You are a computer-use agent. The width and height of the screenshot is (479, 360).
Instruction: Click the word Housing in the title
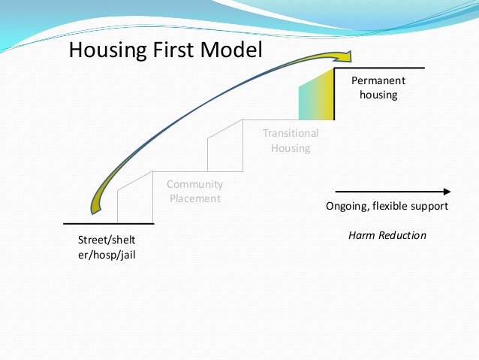pos(104,51)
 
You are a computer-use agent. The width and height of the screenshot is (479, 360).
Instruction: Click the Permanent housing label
pos(378,87)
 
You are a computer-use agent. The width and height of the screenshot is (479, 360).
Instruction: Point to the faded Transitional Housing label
pos(291,141)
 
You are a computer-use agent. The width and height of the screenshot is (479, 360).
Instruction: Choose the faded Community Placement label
pos(194,192)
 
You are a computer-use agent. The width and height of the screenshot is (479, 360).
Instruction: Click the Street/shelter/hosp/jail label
pos(108,247)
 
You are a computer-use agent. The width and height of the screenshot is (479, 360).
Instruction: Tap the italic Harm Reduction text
pos(387,235)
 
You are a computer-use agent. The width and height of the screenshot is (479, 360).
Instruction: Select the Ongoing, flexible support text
pos(387,206)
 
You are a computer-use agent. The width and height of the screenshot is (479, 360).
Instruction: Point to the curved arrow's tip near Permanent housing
pos(349,56)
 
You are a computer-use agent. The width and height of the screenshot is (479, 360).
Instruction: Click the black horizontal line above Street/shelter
pos(108,223)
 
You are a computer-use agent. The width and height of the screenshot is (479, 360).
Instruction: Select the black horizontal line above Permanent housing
pos(379,68)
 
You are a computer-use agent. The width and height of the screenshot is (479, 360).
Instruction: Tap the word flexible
pos(390,206)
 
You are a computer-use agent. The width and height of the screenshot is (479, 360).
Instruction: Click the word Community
pos(194,184)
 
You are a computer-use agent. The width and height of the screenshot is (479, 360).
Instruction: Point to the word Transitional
pos(291,133)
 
